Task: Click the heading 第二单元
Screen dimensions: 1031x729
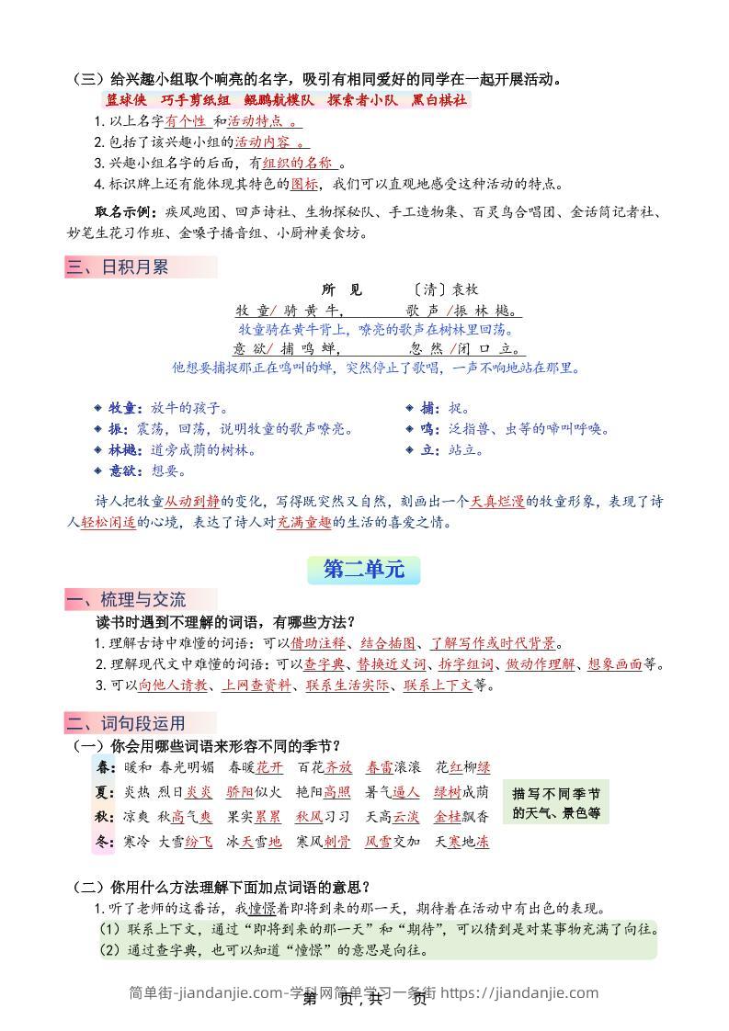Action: click(363, 570)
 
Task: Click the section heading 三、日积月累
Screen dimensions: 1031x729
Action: click(117, 267)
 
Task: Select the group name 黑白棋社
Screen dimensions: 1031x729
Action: click(439, 101)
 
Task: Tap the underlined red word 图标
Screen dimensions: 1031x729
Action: click(304, 184)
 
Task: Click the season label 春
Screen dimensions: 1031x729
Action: click(103, 766)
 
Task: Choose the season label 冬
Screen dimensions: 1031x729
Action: click(103, 841)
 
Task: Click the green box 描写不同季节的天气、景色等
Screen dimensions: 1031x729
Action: click(556, 802)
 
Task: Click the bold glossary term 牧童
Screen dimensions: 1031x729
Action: click(123, 408)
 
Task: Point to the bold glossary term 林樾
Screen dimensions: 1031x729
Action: click(123, 450)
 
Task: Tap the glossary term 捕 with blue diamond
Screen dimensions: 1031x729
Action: click(427, 408)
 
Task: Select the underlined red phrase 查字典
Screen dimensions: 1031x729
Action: click(325, 664)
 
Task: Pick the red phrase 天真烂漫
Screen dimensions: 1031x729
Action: click(497, 502)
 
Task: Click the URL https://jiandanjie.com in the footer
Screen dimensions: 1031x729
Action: click(519, 992)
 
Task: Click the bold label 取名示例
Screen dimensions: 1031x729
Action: click(126, 211)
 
